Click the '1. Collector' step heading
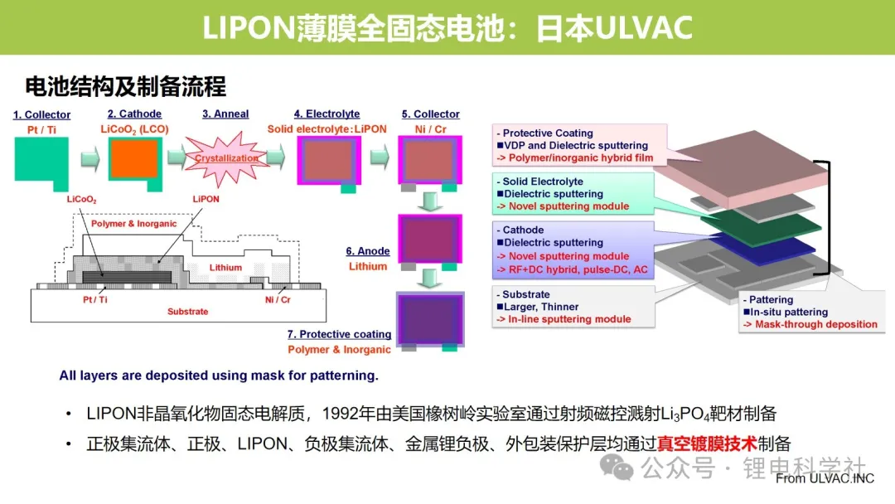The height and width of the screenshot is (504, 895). coord(41,114)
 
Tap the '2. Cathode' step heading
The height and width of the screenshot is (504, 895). coord(134,114)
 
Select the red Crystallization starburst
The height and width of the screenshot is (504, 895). coord(226,158)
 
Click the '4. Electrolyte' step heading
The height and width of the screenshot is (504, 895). coord(327,114)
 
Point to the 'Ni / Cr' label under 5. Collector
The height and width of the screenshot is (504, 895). coord(430,129)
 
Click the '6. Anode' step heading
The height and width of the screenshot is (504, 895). coord(368,251)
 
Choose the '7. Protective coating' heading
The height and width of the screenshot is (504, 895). coord(339,334)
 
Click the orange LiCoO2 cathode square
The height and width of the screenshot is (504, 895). coord(134,158)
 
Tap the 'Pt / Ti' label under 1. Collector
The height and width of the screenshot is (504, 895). coord(41,130)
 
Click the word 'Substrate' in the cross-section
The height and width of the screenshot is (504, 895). coord(187,312)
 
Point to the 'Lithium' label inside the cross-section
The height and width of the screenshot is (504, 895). coord(225,268)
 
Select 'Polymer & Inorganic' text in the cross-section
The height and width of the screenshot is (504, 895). coord(133,224)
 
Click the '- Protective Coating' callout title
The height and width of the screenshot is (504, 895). coord(545,133)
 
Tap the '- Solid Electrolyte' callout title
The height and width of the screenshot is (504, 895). coord(540,182)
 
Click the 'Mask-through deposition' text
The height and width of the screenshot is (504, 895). coord(816,324)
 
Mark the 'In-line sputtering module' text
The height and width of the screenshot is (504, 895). coord(569,319)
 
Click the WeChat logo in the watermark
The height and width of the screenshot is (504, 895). coord(616,468)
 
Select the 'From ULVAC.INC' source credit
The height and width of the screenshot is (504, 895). coord(825,479)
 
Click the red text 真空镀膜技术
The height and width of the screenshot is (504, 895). coord(707,443)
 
